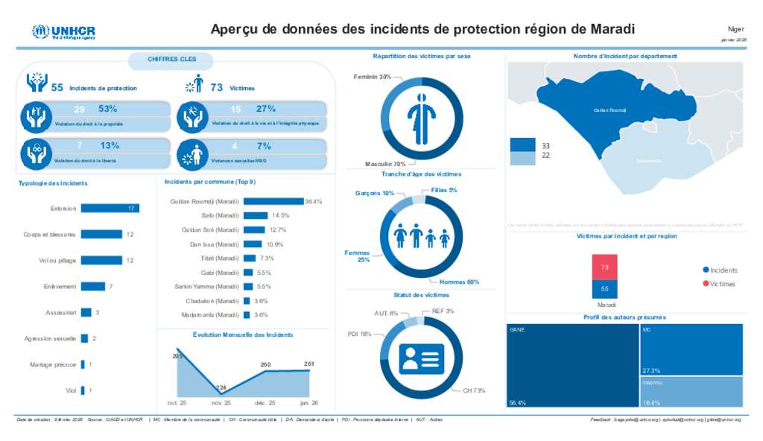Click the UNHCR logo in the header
pyautogui.click(x=63, y=31)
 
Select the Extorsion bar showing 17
pyautogui.click(x=110, y=208)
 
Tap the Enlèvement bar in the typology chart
pyautogui.click(x=93, y=286)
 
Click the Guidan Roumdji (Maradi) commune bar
pyautogui.click(x=273, y=201)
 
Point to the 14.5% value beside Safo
pyautogui.click(x=280, y=215)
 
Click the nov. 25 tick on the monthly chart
pyautogui.click(x=221, y=402)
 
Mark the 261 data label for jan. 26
pyautogui.click(x=309, y=364)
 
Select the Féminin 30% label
pyautogui.click(x=372, y=77)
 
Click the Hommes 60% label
pyautogui.click(x=459, y=282)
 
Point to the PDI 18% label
pyautogui.click(x=360, y=334)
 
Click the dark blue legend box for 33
pyautogui.click(x=522, y=145)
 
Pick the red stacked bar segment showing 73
pyautogui.click(x=604, y=267)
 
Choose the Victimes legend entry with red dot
pyautogui.click(x=719, y=284)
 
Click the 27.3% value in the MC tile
pyautogui.click(x=650, y=370)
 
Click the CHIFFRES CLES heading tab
pyautogui.click(x=172, y=59)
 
